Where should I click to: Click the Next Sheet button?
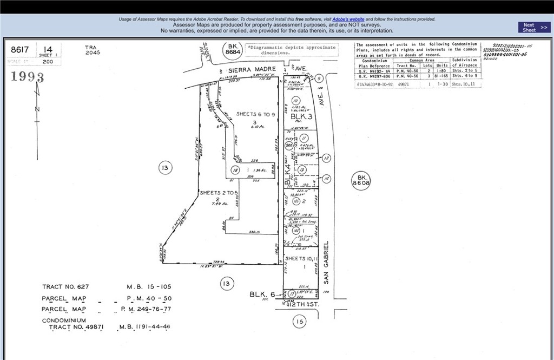coord(535,27)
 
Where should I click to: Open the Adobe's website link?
coord(348,19)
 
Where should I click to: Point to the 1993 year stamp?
coord(27,76)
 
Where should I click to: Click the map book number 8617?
coord(20,50)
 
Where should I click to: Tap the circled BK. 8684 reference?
coord(233,50)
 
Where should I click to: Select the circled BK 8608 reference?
coord(361,180)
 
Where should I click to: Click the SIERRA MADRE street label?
coord(252,70)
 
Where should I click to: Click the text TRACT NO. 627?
coord(65,287)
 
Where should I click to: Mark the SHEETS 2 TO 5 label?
coord(219,193)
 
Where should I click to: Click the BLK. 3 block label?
coord(301,116)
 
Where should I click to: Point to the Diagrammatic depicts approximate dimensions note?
coord(292,50)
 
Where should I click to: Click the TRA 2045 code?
coord(92,50)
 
